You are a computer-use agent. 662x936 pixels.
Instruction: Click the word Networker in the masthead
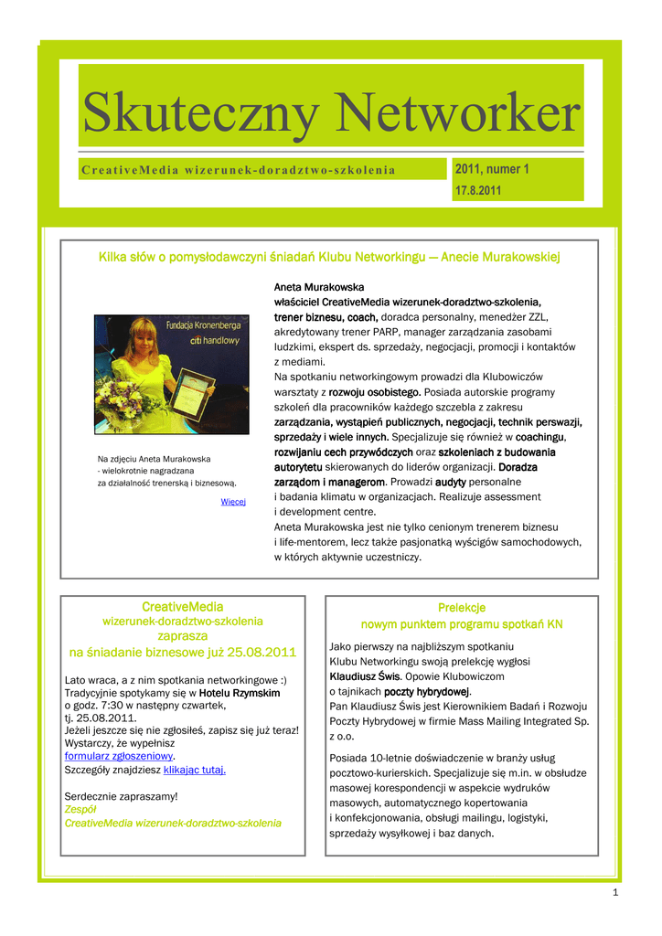[457, 114]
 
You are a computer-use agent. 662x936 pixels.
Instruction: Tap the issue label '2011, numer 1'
[492, 169]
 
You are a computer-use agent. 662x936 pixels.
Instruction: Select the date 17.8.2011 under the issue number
[477, 191]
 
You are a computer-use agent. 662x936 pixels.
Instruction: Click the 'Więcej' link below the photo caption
[233, 502]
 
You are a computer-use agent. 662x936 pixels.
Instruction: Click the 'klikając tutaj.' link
[194, 770]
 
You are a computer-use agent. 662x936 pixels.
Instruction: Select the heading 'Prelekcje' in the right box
[462, 608]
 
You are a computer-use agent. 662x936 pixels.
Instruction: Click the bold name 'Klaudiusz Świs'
[365, 676]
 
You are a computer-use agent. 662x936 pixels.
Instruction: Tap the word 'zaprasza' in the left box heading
[183, 635]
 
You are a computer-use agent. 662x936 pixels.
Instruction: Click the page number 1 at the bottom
[615, 893]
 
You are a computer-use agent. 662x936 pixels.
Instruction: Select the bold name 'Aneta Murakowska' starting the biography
[319, 286]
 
